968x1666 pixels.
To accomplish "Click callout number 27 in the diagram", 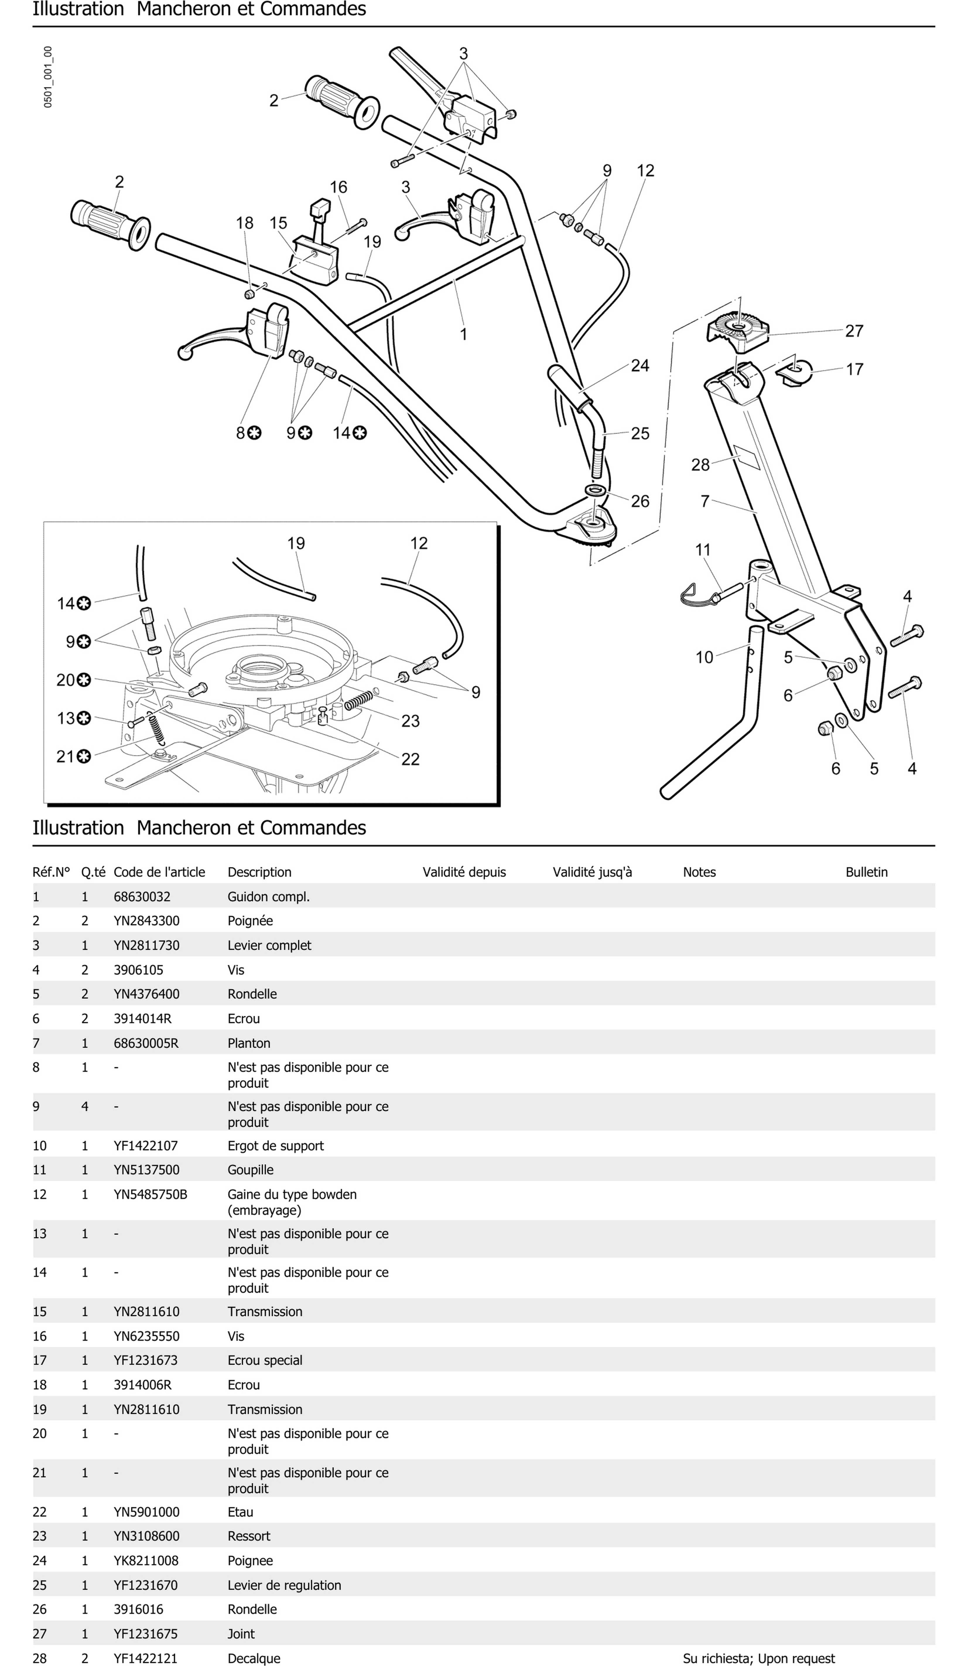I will point(854,331).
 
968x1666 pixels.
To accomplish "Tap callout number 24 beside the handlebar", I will point(639,366).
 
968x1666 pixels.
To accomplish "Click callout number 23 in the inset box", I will point(410,720).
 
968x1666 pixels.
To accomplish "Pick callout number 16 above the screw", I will point(338,187).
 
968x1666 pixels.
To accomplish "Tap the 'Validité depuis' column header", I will point(464,872).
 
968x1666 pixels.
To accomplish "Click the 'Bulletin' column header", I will point(866,872).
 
